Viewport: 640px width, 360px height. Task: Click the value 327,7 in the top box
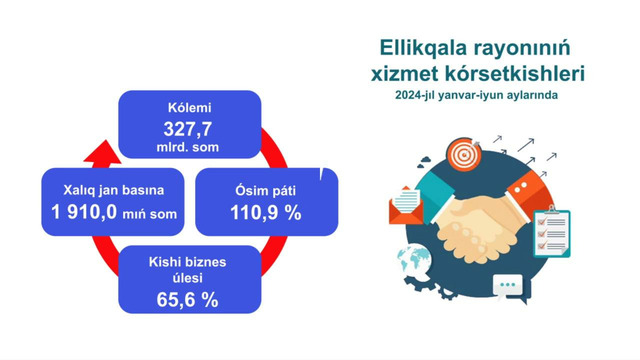[x=190, y=129]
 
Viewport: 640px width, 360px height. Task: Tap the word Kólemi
[x=190, y=108]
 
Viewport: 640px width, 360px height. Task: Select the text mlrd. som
[x=190, y=148]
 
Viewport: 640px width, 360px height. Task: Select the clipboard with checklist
[x=552, y=232]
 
